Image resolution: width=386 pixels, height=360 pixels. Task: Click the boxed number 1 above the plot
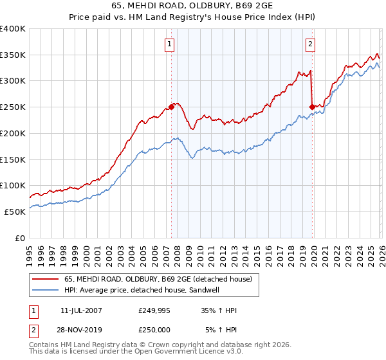[169, 44]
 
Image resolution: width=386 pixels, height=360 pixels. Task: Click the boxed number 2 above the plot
[310, 44]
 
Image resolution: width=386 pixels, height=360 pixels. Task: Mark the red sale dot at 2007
[171, 107]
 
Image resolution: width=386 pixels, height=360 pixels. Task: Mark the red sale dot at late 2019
[312, 107]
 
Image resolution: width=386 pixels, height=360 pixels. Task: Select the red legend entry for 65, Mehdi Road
[161, 278]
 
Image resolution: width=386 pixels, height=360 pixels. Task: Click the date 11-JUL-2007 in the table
[80, 310]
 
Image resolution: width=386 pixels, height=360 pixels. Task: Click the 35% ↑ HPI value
[219, 310]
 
